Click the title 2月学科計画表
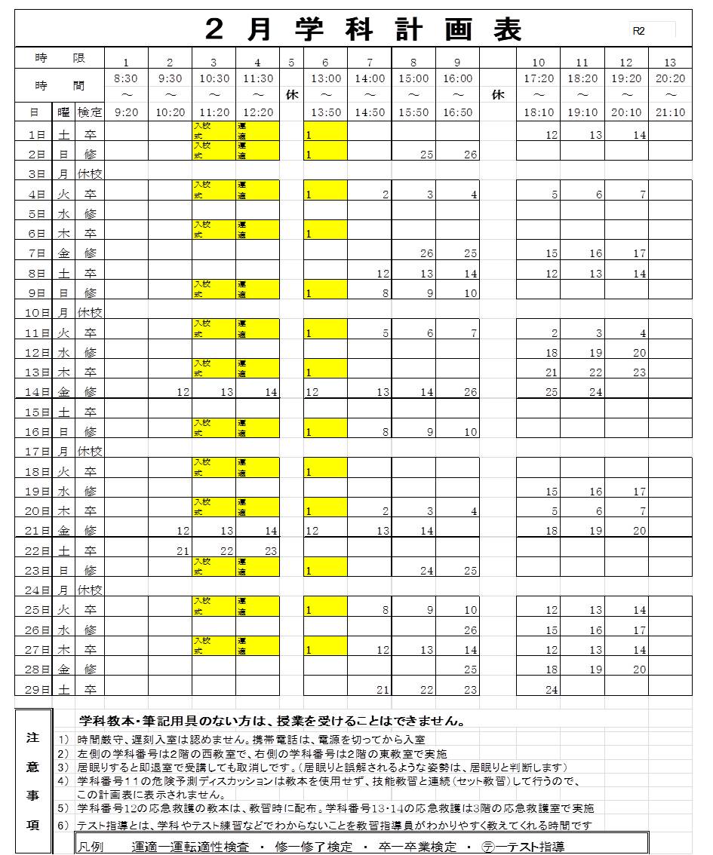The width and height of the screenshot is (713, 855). pyautogui.click(x=364, y=30)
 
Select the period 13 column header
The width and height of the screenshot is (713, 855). pyautogui.click(x=670, y=62)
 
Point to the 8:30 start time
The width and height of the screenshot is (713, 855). pyautogui.click(x=126, y=78)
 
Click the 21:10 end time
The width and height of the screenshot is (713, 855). pyautogui.click(x=670, y=112)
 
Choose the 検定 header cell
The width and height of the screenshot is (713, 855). pyautogui.click(x=89, y=112)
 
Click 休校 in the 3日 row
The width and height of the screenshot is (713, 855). pyautogui.click(x=89, y=174)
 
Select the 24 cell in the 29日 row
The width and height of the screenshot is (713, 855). pyautogui.click(x=551, y=689)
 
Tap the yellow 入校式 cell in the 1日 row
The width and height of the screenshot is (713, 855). pyautogui.click(x=214, y=130)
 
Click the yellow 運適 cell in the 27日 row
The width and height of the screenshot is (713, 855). pyautogui.click(x=257, y=645)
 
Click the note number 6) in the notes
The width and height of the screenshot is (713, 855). pyautogui.click(x=63, y=826)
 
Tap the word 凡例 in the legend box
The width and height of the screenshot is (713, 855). pyautogui.click(x=92, y=846)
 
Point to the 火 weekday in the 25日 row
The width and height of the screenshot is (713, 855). pyautogui.click(x=64, y=610)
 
